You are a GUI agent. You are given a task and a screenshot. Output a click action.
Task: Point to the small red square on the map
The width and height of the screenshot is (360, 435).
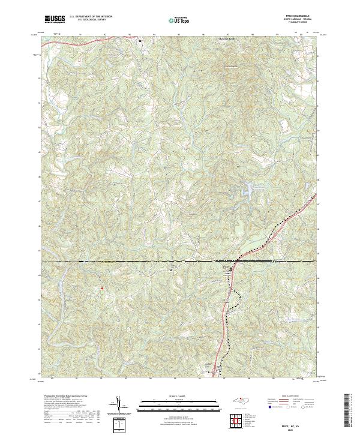click(x=102, y=288)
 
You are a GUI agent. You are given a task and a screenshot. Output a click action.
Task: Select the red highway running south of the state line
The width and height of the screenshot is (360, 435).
click(x=226, y=324)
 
